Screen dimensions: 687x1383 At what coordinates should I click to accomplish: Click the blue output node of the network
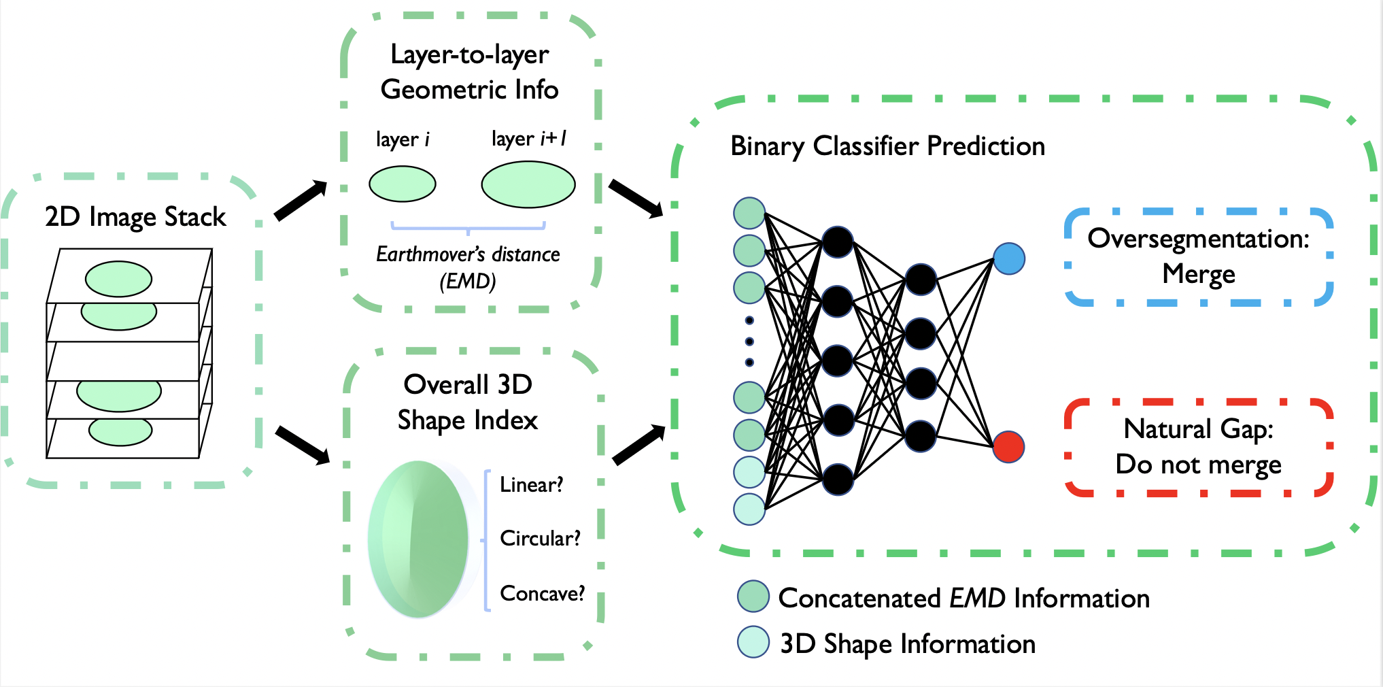1009,258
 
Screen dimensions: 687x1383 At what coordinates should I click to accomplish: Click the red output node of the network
1008,447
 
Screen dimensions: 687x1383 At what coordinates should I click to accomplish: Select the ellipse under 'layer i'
403,184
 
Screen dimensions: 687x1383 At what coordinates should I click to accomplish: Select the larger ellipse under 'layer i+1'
528,184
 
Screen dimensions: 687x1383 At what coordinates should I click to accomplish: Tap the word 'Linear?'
531,485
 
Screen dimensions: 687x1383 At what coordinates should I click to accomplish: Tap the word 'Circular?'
540,539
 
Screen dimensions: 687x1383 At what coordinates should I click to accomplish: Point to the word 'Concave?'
542,594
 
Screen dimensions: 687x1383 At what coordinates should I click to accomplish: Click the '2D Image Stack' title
135,217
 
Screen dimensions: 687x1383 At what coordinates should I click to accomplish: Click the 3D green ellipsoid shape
419,539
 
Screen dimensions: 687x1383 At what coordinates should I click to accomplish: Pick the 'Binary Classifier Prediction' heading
887,146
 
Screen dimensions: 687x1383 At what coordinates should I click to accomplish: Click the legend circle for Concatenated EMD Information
753,597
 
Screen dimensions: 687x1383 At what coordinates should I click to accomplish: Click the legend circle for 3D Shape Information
753,641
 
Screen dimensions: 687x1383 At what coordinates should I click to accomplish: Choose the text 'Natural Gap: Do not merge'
1198,447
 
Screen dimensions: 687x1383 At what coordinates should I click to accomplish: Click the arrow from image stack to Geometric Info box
301,201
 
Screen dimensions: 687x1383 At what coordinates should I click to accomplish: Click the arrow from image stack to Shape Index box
303,446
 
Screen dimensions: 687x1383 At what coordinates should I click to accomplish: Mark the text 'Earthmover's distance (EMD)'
468,267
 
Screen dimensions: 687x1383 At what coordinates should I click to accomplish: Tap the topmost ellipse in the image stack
119,279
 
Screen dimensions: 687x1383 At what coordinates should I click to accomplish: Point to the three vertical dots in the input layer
749,341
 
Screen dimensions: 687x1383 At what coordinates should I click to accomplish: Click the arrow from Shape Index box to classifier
638,445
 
